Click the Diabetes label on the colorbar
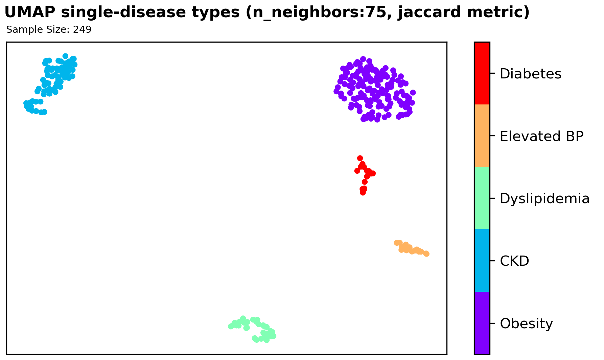[x=530, y=74]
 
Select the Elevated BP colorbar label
[x=542, y=136]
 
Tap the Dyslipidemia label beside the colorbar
[x=544, y=199]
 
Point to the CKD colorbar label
[x=514, y=261]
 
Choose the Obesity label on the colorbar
[x=526, y=324]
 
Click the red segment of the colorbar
[x=482, y=73]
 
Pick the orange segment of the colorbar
[x=482, y=136]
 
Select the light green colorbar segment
[x=482, y=198]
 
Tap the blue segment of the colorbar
[x=482, y=260]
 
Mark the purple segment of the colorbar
[x=482, y=323]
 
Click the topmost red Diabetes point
[x=360, y=158]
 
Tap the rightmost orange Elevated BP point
[x=426, y=254]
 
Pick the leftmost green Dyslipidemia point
[x=231, y=327]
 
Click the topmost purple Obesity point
[x=363, y=59]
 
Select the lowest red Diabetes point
[x=363, y=193]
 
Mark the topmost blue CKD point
[x=65, y=56]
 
